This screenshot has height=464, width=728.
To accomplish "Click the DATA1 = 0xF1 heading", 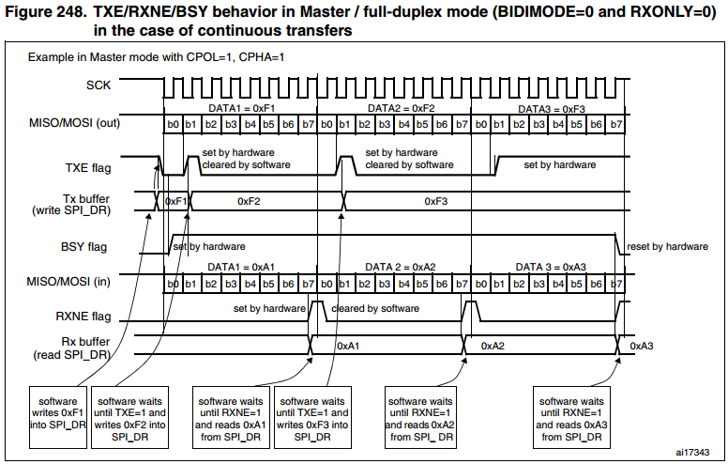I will pos(239,109).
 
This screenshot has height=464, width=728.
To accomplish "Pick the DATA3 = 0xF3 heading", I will pos(551,109).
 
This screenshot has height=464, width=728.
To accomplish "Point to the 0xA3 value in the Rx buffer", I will pos(642,347).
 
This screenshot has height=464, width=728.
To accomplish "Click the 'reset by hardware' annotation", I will pos(667,247).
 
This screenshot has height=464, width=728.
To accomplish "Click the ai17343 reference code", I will pos(694,453).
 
